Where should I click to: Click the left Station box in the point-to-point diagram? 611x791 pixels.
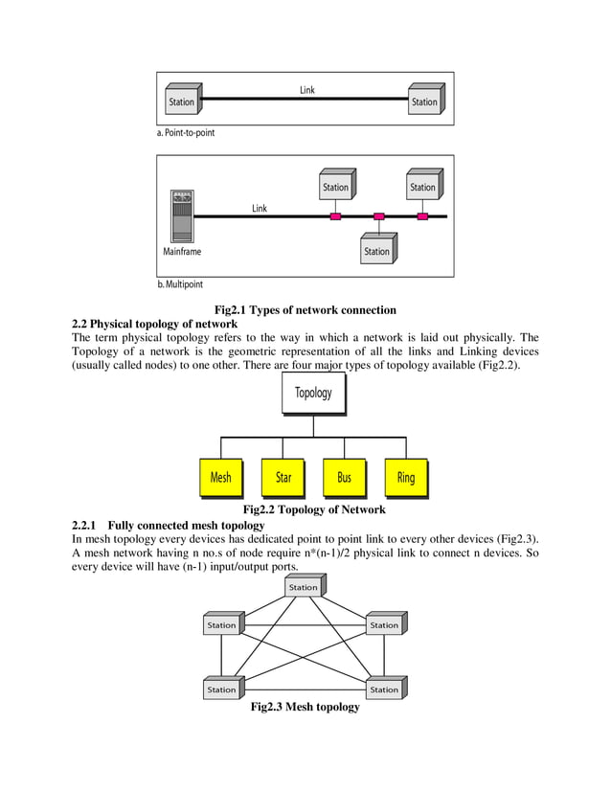click(x=182, y=102)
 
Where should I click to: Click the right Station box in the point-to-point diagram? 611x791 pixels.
click(x=424, y=102)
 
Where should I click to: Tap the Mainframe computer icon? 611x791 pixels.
click(x=181, y=215)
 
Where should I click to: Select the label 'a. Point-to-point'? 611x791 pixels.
click(x=186, y=133)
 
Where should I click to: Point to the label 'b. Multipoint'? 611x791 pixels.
click(x=180, y=284)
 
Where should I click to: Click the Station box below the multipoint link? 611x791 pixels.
click(x=378, y=251)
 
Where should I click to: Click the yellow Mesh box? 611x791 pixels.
click(x=221, y=477)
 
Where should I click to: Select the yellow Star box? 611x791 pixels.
click(x=283, y=477)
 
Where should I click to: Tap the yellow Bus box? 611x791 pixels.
click(x=345, y=477)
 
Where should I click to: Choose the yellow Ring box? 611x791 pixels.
click(x=406, y=477)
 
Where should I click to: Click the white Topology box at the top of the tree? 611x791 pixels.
click(x=313, y=393)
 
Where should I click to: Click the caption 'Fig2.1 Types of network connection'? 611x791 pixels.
click(x=305, y=309)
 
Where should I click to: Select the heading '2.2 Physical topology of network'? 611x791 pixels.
click(x=155, y=324)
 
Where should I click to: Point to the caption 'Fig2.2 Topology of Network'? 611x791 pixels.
click(x=314, y=509)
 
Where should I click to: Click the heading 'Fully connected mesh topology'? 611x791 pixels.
click(x=186, y=526)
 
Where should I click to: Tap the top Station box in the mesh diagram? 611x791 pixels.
click(x=304, y=586)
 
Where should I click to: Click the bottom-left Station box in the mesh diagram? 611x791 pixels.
click(x=222, y=689)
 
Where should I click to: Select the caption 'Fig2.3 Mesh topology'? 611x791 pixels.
click(x=305, y=707)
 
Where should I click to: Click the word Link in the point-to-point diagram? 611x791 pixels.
click(x=307, y=90)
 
